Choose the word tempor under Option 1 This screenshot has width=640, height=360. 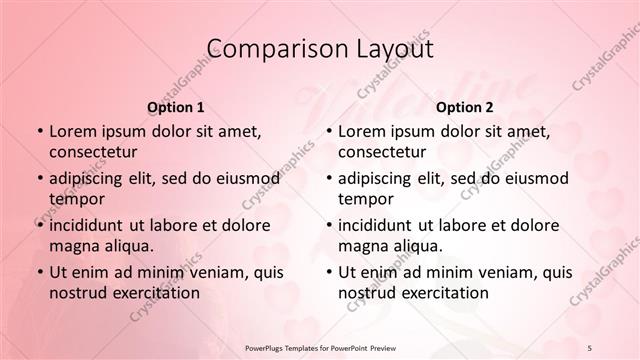tap(77, 199)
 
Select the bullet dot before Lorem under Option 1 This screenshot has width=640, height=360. tap(38, 131)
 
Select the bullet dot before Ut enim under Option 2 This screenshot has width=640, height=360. tap(327, 272)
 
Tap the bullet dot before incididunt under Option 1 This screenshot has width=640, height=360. tap(38, 225)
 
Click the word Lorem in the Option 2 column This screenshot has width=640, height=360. tap(361, 130)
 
